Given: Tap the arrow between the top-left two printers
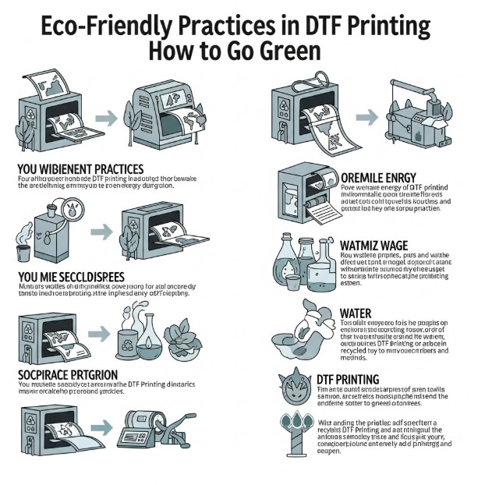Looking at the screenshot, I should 111,117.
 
